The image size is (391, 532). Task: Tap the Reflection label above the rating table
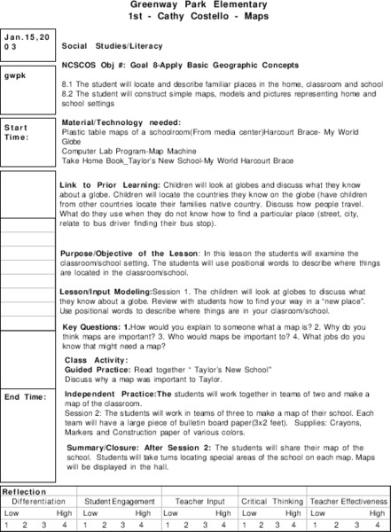(x=20, y=492)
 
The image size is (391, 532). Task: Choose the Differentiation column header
(x=38, y=502)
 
